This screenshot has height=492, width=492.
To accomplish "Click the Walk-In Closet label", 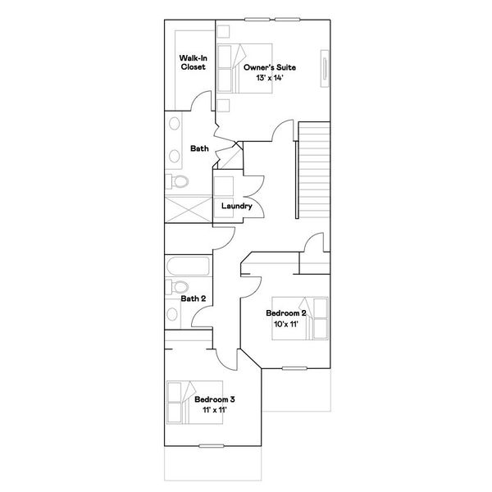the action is (193, 62).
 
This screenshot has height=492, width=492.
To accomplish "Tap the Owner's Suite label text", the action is (270, 67).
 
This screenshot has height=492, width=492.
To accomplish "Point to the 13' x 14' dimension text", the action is (270, 78).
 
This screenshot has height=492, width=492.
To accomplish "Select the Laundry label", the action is (237, 206).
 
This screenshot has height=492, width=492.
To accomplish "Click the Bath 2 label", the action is (194, 298).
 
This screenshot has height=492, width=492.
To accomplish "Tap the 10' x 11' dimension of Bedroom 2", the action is (286, 324).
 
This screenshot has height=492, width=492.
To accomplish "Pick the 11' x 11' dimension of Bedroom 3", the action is (215, 410).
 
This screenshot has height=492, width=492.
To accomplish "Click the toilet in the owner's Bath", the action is (177, 181).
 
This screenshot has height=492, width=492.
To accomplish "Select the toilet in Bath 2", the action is (177, 287).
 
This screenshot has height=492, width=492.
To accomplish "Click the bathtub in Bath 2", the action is (188, 266).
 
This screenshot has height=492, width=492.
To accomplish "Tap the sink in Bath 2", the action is (172, 314).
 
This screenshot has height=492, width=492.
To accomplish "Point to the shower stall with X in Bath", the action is (189, 210).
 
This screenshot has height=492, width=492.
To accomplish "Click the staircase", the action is (314, 170).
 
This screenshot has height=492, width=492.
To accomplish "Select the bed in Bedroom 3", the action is (194, 403).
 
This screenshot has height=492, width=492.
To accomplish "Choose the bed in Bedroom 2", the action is (300, 318).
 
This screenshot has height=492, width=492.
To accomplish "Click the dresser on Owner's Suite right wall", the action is (325, 68).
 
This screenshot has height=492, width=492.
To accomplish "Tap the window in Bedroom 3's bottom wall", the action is (212, 446).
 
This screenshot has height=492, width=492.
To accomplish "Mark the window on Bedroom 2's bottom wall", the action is (294, 368).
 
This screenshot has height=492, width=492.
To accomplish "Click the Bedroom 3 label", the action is (215, 399).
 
